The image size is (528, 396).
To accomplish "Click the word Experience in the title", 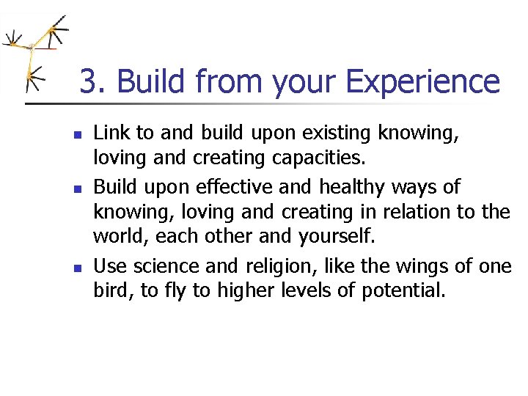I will coord(422,81).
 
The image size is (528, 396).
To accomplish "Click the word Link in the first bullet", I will coord(111,133).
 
